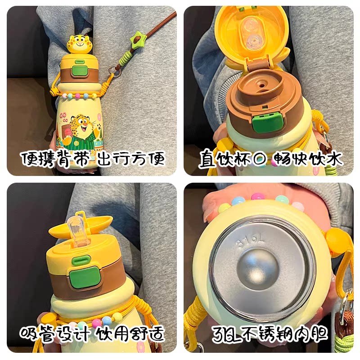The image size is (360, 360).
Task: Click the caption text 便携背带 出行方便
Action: click(91, 159)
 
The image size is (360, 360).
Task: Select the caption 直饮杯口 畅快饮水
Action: click(270, 159)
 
